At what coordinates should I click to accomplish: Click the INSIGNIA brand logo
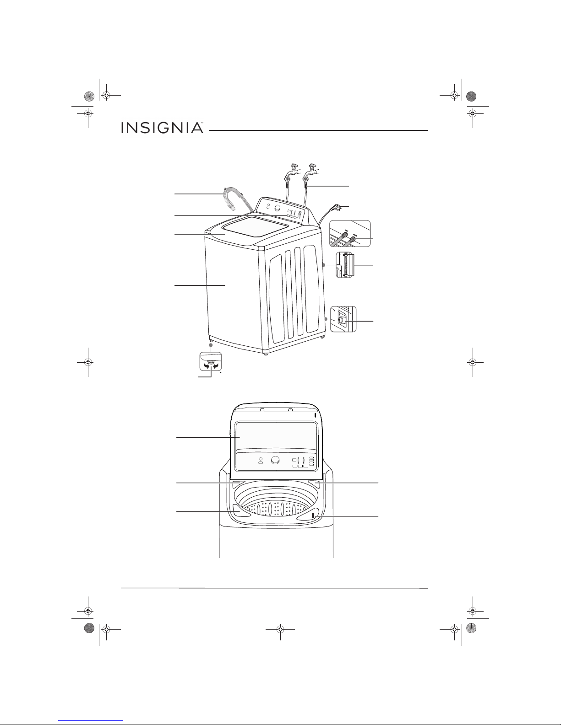pos(162,128)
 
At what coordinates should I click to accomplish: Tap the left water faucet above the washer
pos(292,172)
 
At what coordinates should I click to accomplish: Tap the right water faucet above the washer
pos(310,172)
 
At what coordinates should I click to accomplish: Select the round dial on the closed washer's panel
pos(278,208)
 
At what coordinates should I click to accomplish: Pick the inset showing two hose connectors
pos(350,234)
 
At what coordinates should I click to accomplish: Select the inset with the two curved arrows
pos(211,361)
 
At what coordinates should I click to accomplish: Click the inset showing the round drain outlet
pos(343,319)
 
